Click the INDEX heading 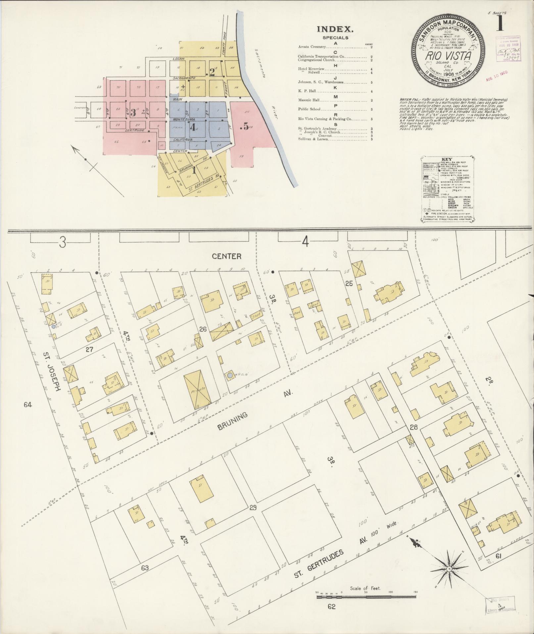pyautogui.click(x=335, y=29)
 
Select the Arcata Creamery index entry pyautogui.click(x=312, y=47)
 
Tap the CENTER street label pyautogui.click(x=227, y=256)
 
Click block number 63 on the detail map pyautogui.click(x=145, y=568)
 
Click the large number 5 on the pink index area pyautogui.click(x=245, y=126)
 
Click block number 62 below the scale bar pyautogui.click(x=331, y=616)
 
